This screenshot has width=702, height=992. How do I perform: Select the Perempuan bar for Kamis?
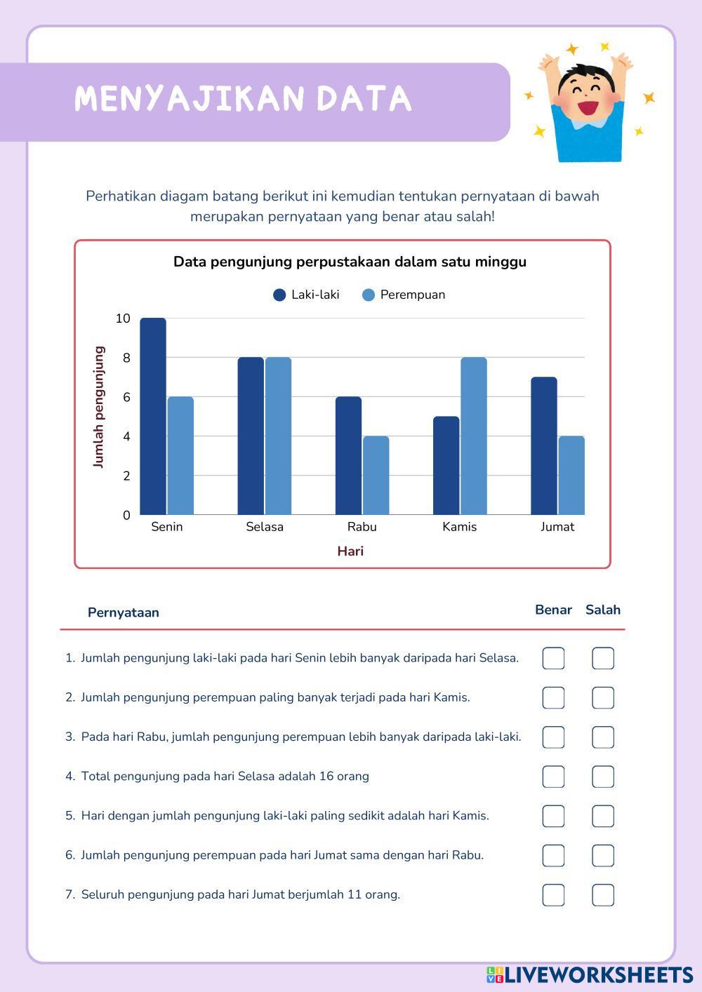coord(474,436)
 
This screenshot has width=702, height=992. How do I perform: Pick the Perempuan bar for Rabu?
coord(376,475)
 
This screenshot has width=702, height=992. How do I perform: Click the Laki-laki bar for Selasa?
coord(251,436)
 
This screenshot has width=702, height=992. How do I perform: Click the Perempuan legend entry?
coord(404,295)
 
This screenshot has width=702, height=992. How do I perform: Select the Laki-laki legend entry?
coord(306,295)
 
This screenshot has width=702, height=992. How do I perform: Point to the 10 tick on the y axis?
coord(123,319)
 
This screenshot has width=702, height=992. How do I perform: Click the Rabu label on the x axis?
coord(362,527)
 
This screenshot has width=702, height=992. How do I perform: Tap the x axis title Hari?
coord(350,551)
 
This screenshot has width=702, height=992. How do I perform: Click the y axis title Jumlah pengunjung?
coord(98,407)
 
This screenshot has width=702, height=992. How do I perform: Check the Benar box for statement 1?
coord(553,658)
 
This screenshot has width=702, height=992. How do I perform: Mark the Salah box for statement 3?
coord(603,737)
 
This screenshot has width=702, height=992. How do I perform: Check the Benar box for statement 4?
coord(553,777)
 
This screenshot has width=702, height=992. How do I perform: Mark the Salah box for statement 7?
coord(603,895)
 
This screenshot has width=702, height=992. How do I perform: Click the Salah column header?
coord(603,610)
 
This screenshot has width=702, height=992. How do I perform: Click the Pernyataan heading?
coord(124,612)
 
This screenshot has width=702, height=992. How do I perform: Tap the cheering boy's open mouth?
coord(588,109)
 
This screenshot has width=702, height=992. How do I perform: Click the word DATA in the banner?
coord(364,99)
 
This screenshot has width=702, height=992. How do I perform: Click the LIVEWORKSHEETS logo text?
coord(598,974)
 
